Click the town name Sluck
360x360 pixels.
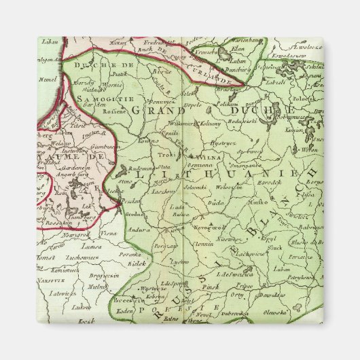[x=275, y=249]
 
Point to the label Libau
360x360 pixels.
[x=47, y=43]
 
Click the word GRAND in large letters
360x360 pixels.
[x=155, y=109]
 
